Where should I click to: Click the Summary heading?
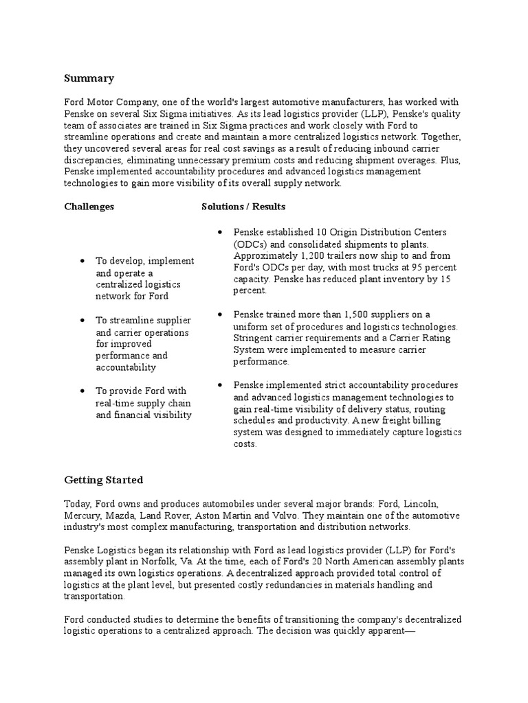point(89,78)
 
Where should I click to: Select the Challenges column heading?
point(89,206)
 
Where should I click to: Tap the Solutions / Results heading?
point(243,206)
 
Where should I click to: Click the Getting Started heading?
point(104,479)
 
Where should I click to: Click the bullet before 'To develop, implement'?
point(82,261)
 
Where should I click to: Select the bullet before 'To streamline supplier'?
point(82,321)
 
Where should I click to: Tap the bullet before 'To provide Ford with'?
point(82,391)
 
